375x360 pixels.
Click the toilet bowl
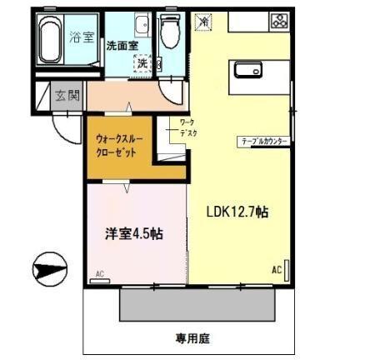(171, 33)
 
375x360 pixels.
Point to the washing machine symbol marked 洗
(142, 62)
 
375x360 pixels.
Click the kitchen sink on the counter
(251, 71)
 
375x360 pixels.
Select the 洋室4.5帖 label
(133, 234)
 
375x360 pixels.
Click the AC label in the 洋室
(99, 273)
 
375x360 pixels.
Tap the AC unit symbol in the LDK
(287, 271)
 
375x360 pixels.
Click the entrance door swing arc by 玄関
(67, 125)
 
